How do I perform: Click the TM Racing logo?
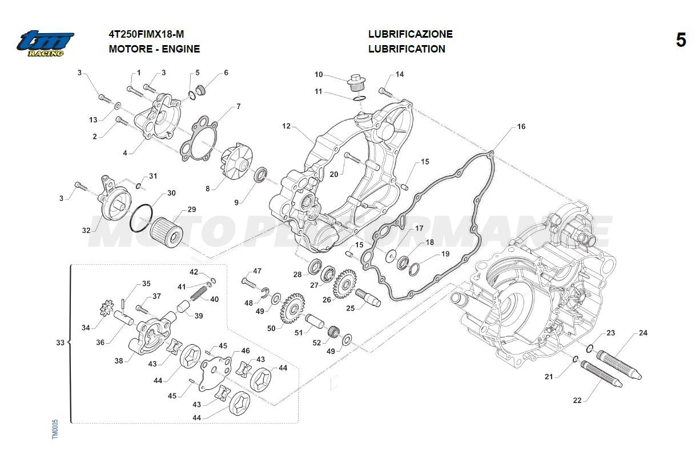tap(45, 43)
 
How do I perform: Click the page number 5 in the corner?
tap(681, 41)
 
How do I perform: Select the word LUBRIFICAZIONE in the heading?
tap(410, 34)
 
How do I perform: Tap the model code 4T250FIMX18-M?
tap(146, 34)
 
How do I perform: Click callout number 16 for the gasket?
tap(521, 127)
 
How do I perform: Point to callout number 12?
tap(286, 126)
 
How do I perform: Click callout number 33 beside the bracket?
tap(60, 343)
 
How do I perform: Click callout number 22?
tap(577, 400)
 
